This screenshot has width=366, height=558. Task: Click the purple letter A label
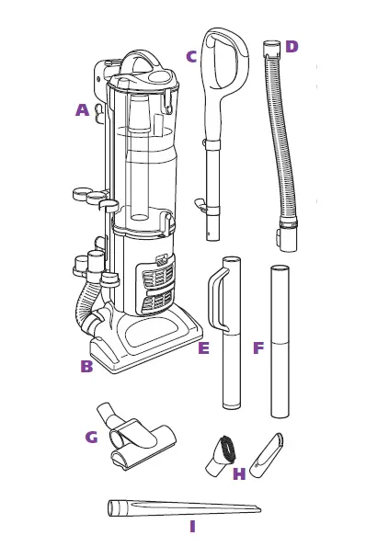[83, 110]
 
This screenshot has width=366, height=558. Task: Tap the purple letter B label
[86, 365]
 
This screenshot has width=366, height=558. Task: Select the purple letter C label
[191, 56]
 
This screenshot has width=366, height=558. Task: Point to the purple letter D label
[292, 47]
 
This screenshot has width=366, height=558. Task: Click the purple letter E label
[203, 348]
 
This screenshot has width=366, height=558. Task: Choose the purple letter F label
[258, 348]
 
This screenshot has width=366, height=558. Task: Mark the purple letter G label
[91, 437]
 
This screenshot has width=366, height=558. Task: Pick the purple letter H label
[239, 473]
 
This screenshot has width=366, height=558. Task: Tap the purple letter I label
[192, 527]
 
